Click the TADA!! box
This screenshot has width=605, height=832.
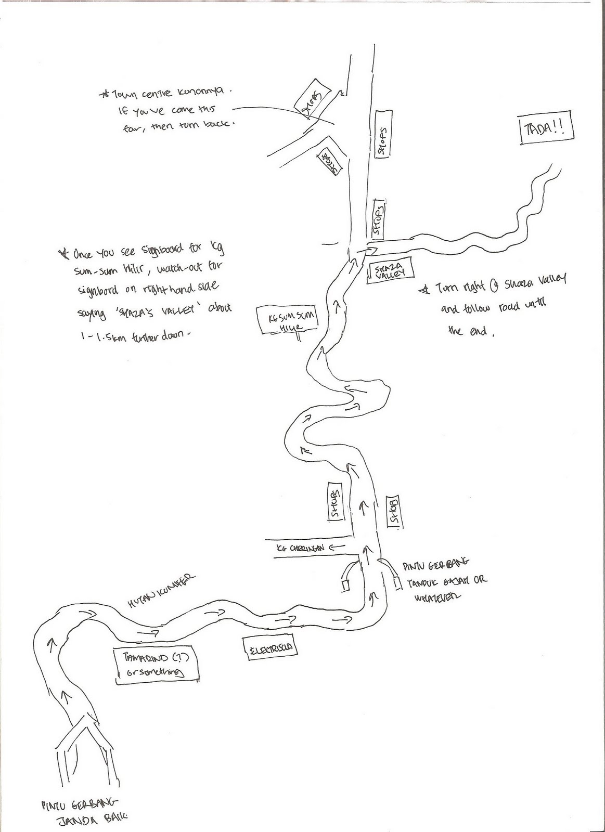tap(548, 127)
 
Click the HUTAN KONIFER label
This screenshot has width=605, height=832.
tap(161, 591)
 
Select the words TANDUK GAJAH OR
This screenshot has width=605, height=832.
tap(444, 580)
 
